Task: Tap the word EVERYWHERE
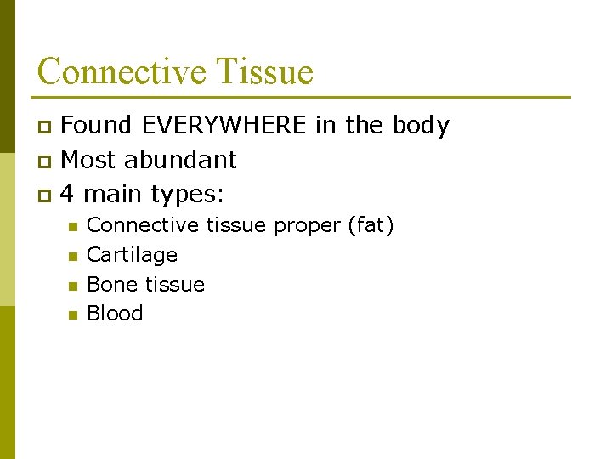click(x=224, y=126)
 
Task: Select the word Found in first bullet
click(x=96, y=126)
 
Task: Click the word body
click(x=421, y=126)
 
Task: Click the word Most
click(x=91, y=160)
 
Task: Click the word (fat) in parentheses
click(x=370, y=226)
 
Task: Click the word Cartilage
click(x=132, y=255)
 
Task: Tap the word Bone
click(x=107, y=284)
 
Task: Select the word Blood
click(x=115, y=313)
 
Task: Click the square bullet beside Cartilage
click(x=72, y=256)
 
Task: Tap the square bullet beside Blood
click(x=72, y=314)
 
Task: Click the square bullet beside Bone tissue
click(x=72, y=286)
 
